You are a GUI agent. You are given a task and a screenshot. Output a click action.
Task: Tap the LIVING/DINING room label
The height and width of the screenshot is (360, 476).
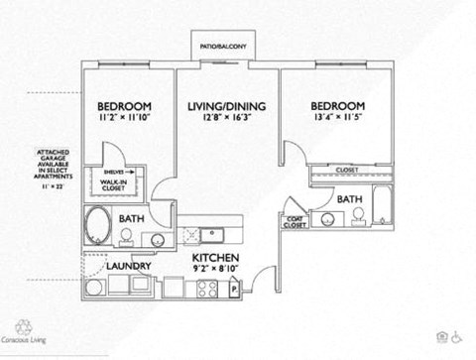[224, 106]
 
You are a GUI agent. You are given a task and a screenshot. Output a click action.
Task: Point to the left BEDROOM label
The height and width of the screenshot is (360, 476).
[124, 107]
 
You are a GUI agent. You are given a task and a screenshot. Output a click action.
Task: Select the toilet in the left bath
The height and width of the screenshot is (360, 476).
[126, 234]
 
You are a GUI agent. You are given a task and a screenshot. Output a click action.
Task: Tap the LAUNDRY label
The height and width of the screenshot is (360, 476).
[129, 266]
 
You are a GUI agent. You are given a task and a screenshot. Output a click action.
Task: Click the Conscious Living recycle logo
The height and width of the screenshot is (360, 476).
[25, 326]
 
